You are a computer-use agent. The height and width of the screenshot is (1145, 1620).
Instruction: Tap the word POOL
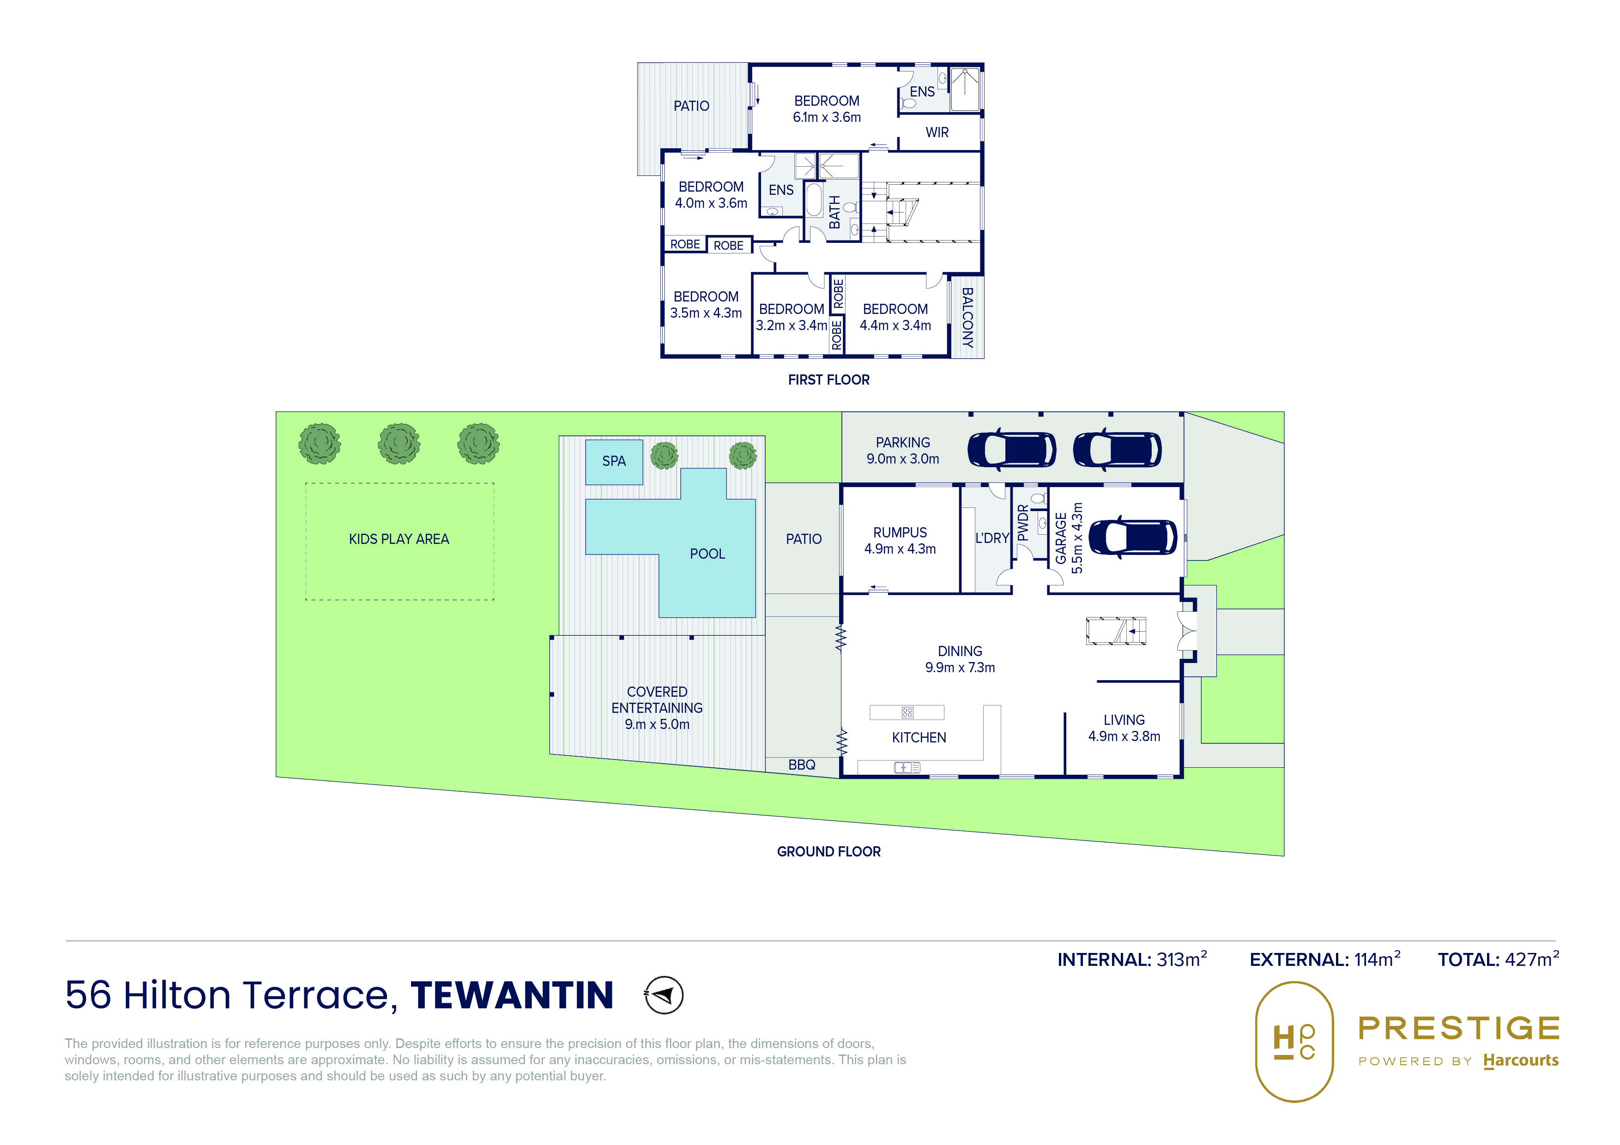[707, 554]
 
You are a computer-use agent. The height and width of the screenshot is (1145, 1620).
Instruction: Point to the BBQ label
[802, 765]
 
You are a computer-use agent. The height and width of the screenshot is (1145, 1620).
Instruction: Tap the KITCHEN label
[919, 737]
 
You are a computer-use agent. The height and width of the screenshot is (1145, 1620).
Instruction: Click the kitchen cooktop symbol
[907, 712]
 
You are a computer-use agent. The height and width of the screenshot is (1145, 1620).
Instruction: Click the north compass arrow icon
[664, 995]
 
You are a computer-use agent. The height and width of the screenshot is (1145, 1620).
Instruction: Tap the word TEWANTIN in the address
[512, 995]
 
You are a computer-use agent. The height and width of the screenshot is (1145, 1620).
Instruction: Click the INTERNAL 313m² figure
[1132, 959]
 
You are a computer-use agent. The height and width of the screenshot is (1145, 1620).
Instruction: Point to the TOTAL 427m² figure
[1499, 959]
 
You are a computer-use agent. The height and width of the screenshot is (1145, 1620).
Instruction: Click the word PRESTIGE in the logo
[1459, 1029]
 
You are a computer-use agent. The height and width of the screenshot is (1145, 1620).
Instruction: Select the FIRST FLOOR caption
[828, 380]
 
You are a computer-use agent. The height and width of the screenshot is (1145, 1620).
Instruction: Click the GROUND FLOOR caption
[828, 851]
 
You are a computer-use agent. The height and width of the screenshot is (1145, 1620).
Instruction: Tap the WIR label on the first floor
[937, 133]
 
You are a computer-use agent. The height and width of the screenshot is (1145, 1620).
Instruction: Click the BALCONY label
[967, 318]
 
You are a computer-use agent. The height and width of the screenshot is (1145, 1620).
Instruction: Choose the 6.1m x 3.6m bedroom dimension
[827, 117]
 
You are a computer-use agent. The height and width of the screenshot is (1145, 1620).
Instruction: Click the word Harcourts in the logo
[1521, 1061]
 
